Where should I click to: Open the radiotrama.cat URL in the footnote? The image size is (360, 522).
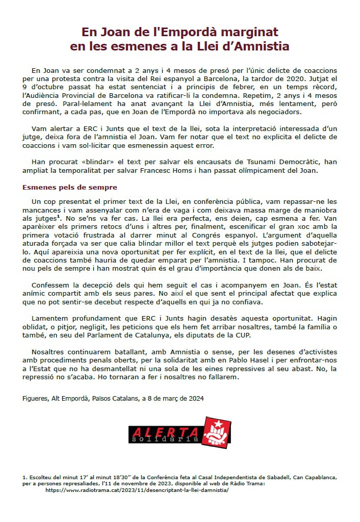[137, 489]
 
